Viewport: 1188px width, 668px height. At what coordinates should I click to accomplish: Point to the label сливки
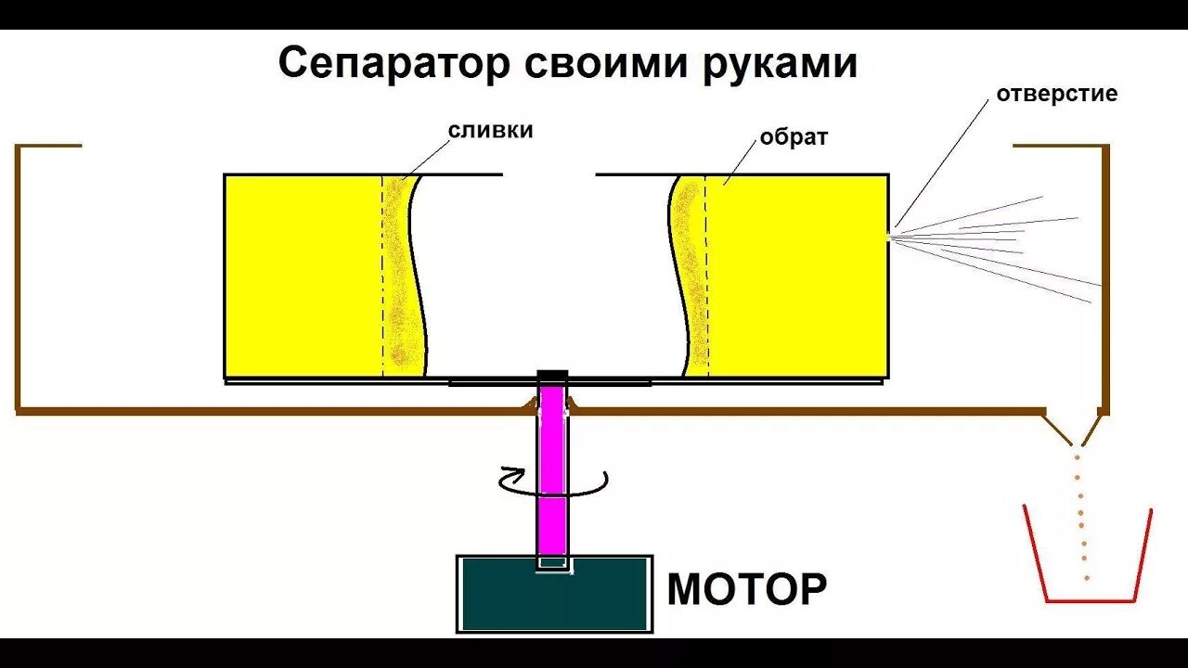491,130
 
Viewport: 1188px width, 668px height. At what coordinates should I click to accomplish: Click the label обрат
794,137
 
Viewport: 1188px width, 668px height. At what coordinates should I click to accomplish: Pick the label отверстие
1056,94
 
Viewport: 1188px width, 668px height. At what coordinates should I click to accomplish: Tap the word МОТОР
747,588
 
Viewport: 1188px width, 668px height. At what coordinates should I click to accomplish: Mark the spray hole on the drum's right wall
889,235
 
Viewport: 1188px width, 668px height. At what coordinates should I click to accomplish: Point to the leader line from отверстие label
941,161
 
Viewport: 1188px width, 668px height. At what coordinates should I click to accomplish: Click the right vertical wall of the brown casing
1105,278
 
